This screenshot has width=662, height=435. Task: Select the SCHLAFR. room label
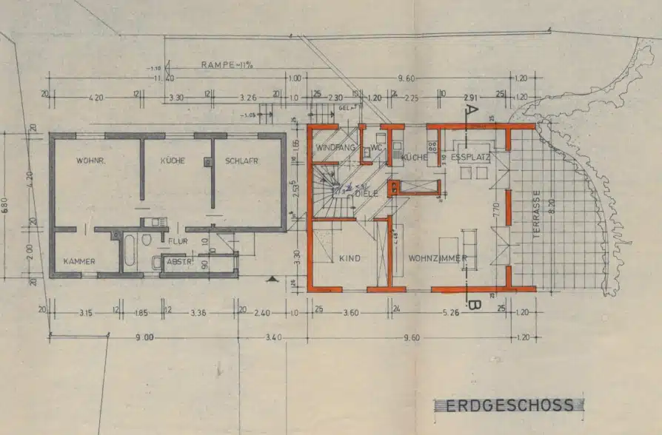point(242,161)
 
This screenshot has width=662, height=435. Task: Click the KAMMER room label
point(79,261)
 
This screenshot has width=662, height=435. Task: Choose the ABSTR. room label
point(178,261)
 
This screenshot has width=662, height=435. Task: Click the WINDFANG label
point(332,148)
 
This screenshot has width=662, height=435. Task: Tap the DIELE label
point(366,193)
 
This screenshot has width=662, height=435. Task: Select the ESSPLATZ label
point(472,157)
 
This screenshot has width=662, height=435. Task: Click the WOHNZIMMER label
point(437,258)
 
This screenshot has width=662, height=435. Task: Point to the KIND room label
point(349,258)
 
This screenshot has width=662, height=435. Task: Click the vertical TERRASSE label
point(537,214)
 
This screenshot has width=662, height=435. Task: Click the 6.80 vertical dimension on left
point(6,205)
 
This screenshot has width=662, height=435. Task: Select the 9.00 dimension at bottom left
point(144,337)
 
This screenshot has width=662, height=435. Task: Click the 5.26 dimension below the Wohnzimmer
point(451,313)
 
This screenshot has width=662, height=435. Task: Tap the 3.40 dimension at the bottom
point(273,337)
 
